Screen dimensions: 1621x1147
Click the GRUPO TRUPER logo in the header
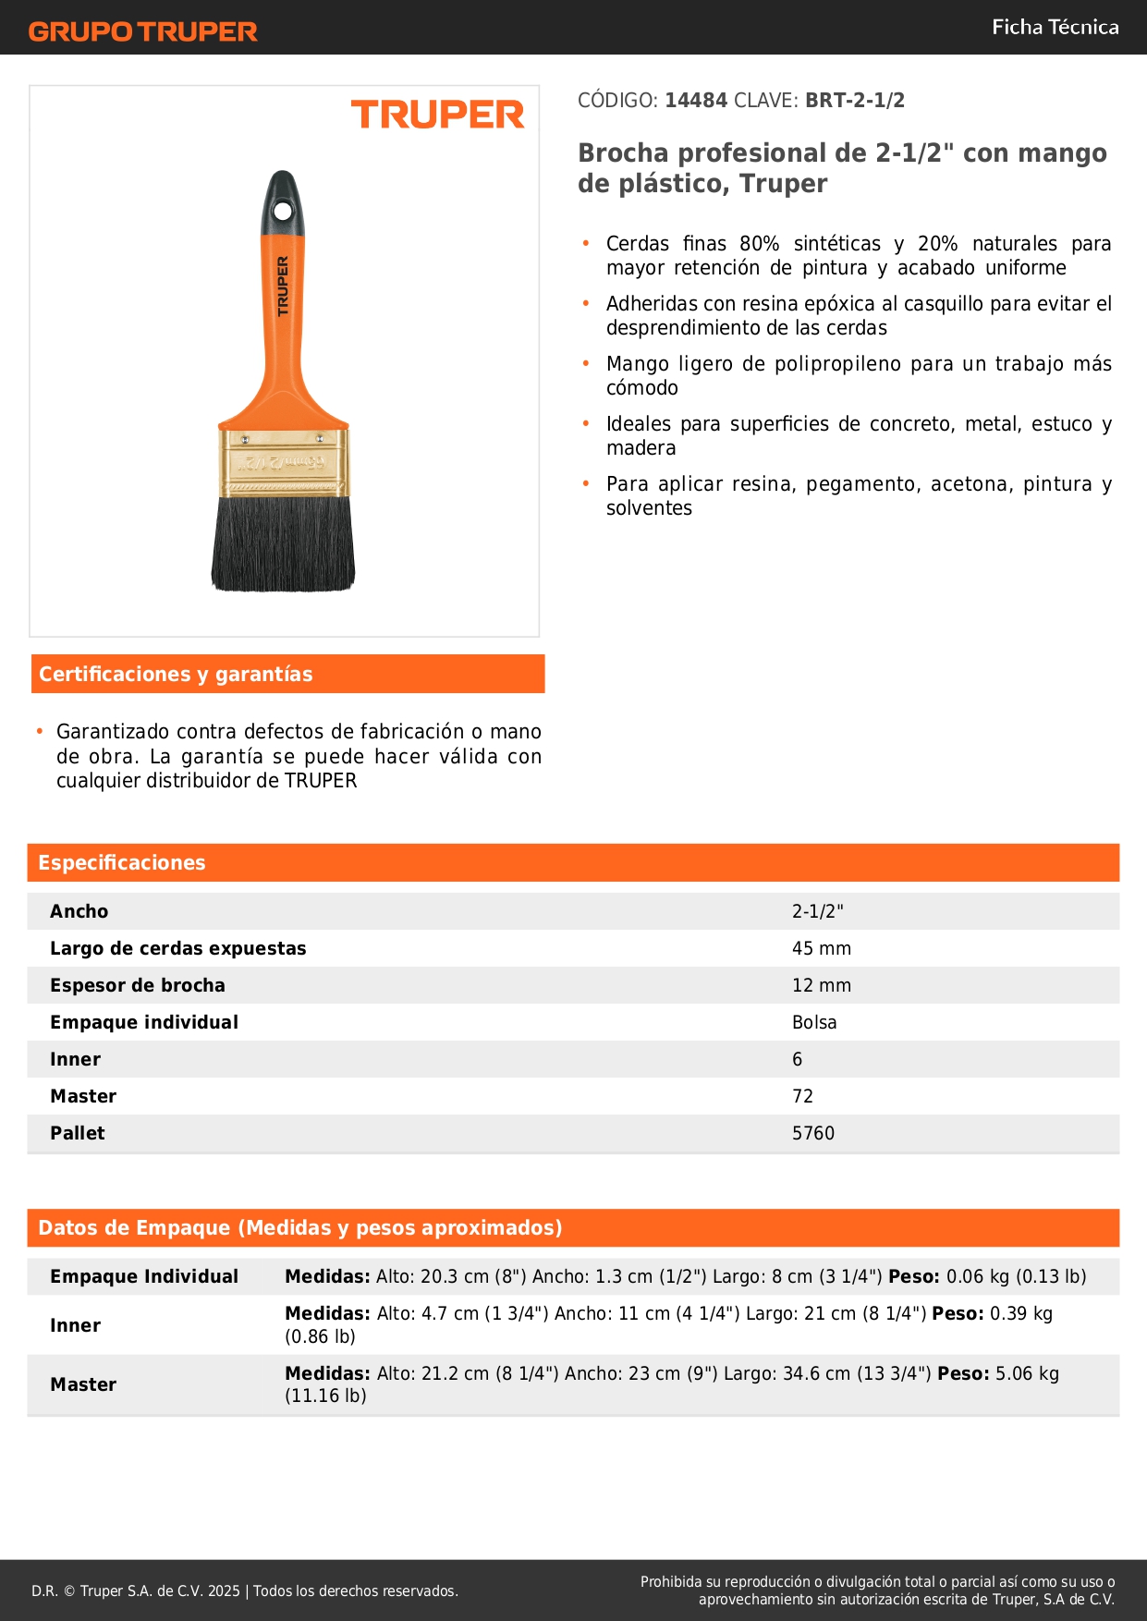[x=142, y=31]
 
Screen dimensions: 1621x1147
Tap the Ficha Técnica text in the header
[x=1055, y=27]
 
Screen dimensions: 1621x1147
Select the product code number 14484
[x=696, y=101]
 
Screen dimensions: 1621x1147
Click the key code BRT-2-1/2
[x=855, y=101]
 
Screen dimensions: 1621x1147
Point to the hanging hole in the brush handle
[x=283, y=212]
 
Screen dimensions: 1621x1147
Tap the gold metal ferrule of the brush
[x=283, y=462]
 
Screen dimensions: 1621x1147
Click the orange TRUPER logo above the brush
[x=437, y=116]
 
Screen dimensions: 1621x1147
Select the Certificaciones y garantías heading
[x=176, y=675]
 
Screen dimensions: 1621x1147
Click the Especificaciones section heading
[x=122, y=863]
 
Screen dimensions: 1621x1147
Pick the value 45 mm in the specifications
[x=822, y=949]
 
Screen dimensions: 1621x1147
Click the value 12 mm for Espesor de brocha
[x=822, y=986]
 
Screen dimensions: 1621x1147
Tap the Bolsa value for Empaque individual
[x=814, y=1023]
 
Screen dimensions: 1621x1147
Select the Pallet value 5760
[x=813, y=1134]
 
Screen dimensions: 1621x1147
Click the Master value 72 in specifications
[x=802, y=1097]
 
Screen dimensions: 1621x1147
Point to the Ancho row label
[x=79, y=912]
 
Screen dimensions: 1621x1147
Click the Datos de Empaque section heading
[x=300, y=1228]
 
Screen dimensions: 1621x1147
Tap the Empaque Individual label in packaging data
[x=144, y=1277]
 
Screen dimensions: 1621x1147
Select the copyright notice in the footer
[x=245, y=1591]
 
